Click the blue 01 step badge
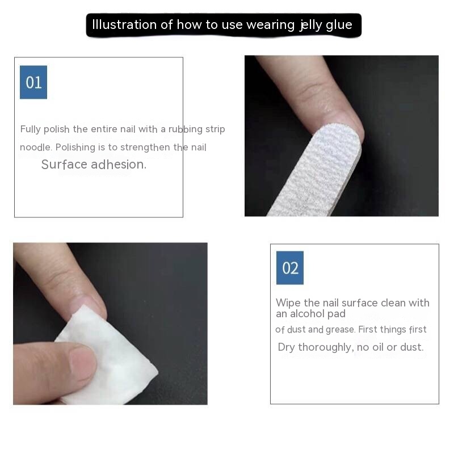coord(33,82)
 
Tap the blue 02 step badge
coord(290,268)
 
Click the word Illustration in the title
coord(124,24)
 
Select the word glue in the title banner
coord(339,25)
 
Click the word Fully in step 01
coord(31,129)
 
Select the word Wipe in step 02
coord(288,303)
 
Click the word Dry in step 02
coord(287,347)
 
